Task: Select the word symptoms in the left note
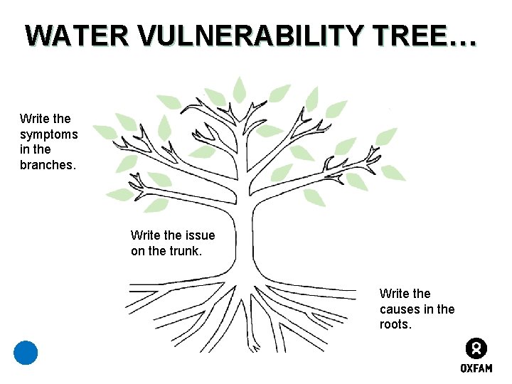coord(49,134)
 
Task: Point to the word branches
coord(47,165)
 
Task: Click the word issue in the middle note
coord(199,235)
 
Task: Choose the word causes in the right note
coord(398,309)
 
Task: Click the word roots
coord(395,325)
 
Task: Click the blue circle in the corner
coord(26,353)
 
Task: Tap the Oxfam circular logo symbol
coord(476,349)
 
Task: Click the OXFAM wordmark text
coord(476,368)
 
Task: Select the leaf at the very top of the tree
coord(240,89)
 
